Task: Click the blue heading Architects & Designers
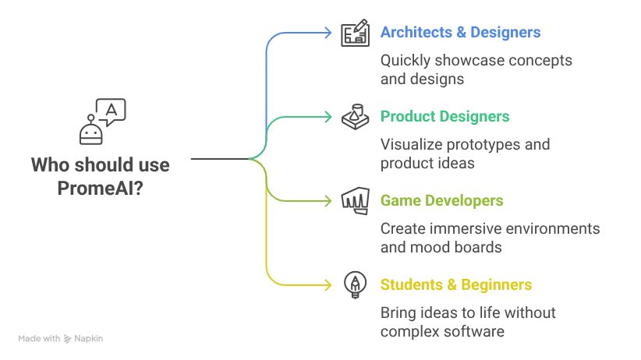(x=461, y=33)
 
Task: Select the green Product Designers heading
(x=446, y=117)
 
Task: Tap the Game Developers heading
(x=443, y=201)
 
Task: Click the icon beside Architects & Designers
(x=356, y=34)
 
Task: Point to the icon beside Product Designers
(x=356, y=117)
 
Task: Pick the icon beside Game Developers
(x=356, y=201)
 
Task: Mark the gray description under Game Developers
(x=492, y=238)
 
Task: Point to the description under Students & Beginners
(x=470, y=322)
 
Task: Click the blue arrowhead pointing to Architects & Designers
(x=329, y=33)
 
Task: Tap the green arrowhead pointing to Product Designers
(x=329, y=117)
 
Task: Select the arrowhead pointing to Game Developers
(x=329, y=201)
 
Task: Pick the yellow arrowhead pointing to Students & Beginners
(x=329, y=285)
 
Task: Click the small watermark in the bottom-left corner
(x=62, y=337)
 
